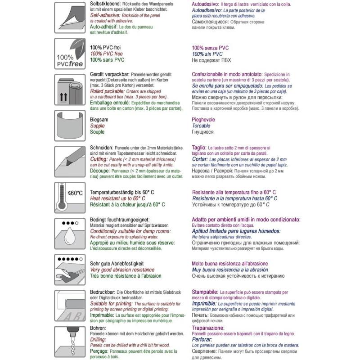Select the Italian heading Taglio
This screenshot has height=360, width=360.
(199, 148)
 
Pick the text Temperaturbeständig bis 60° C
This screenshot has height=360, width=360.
(122, 193)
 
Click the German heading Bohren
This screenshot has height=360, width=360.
(99, 328)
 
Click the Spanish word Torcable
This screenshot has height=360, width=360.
(202, 126)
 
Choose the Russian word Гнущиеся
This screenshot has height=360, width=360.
(203, 132)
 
